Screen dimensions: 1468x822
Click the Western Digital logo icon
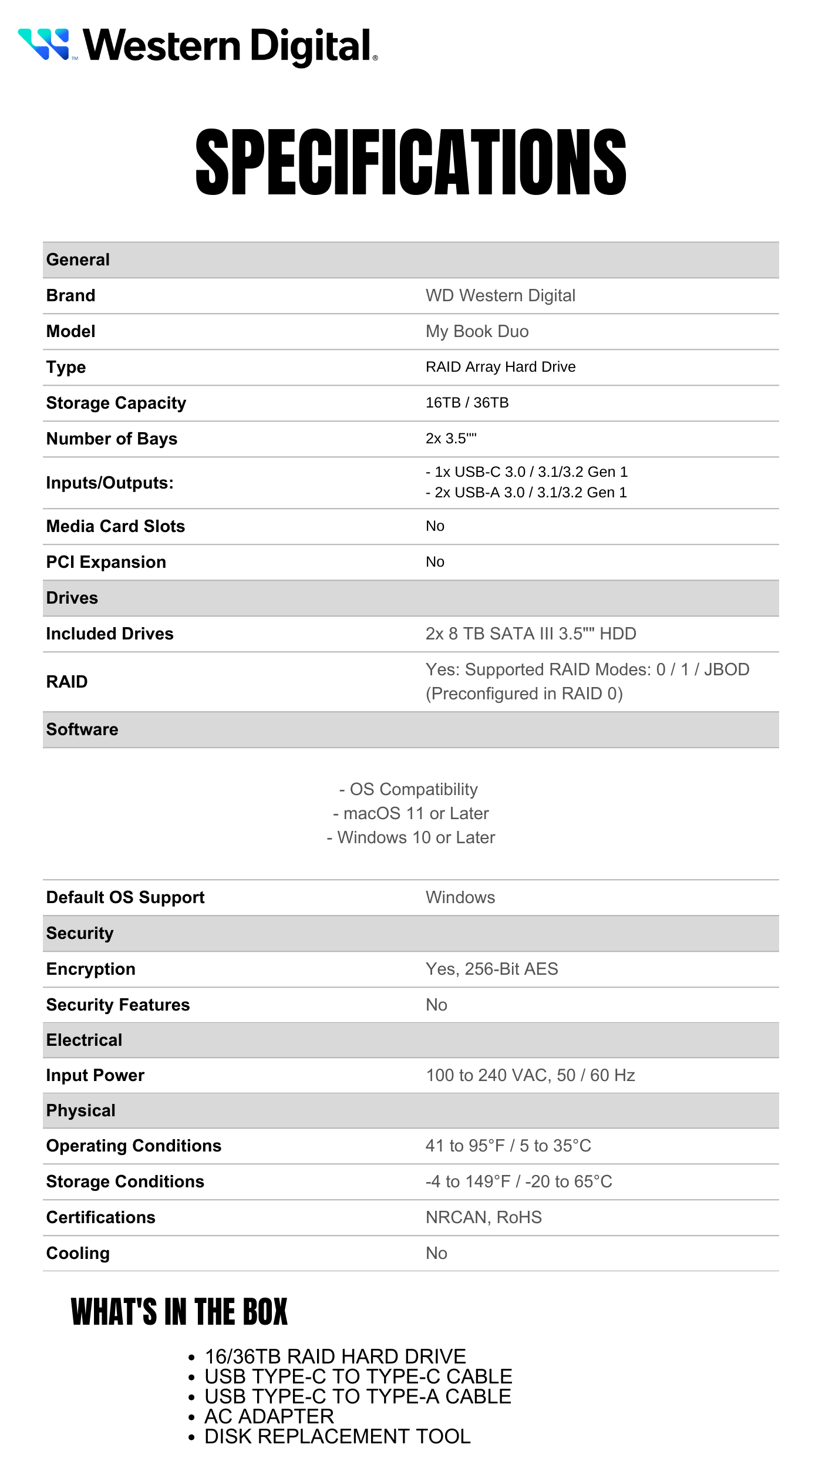coord(44,44)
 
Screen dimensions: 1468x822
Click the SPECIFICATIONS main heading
coord(411,162)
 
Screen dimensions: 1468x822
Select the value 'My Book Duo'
coord(477,331)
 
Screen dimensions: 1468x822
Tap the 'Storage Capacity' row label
coord(116,403)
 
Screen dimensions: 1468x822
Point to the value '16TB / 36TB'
coord(467,403)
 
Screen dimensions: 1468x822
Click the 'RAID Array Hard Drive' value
coord(500,367)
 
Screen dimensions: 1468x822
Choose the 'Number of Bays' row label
coord(112,439)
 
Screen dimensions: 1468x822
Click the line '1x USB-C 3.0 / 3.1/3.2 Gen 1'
coord(527,472)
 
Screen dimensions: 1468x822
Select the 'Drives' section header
coord(72,598)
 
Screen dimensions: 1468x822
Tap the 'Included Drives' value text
coord(531,634)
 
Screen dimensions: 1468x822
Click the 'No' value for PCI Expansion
coord(435,562)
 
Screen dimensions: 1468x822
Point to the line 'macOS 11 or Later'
coord(411,813)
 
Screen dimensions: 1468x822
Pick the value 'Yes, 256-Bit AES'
coord(491,969)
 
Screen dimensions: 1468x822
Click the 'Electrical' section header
coord(84,1040)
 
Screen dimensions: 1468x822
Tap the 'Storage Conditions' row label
coord(125,1181)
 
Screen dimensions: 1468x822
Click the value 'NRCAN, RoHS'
coord(483,1217)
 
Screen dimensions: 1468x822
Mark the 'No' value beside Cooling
coord(436,1253)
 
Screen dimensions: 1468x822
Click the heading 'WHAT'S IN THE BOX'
coord(179,1312)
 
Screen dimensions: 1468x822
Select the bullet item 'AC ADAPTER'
coord(269,1416)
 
